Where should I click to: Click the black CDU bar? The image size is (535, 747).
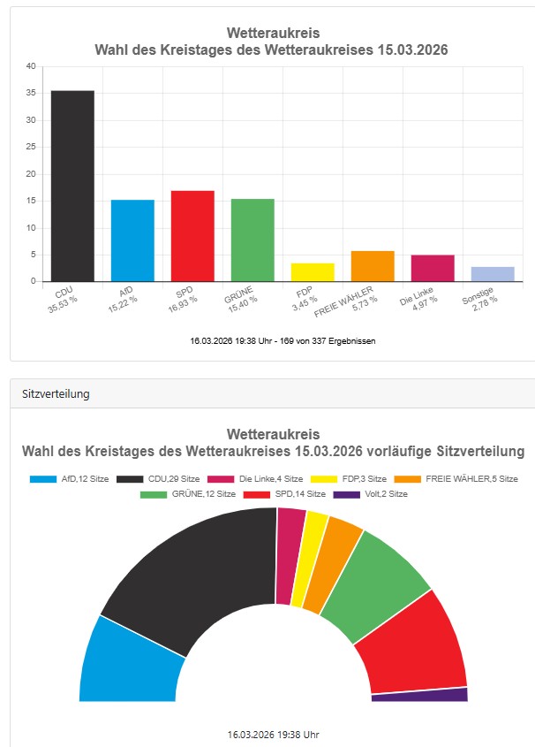click(72, 186)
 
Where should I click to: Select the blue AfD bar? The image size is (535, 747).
click(132, 240)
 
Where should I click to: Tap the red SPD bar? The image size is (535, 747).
click(192, 236)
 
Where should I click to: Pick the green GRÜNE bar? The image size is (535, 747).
click(252, 240)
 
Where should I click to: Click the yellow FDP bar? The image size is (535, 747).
click(313, 272)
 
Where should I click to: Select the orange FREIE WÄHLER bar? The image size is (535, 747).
click(373, 266)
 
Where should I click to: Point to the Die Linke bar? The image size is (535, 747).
click(433, 268)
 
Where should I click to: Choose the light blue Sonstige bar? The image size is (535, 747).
click(493, 274)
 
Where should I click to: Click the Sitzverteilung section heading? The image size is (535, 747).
click(57, 394)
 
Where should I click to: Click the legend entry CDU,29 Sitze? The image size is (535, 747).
click(155, 478)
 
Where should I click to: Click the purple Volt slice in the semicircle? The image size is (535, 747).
click(419, 695)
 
